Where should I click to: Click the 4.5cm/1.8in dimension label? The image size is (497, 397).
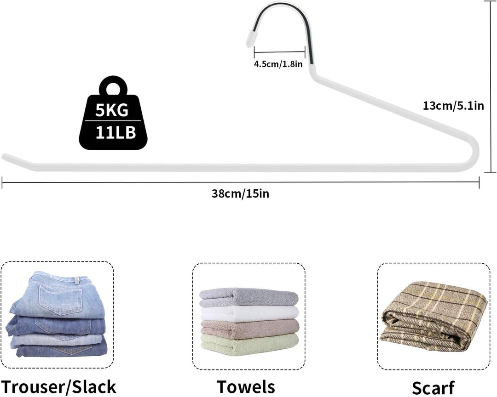click(278, 64)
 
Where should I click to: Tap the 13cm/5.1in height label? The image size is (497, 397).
click(453, 105)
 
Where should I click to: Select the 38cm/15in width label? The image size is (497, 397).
click(240, 193)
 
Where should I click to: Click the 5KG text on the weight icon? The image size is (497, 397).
click(112, 110)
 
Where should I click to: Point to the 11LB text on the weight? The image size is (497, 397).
click(116, 133)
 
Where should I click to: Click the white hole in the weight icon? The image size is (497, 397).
click(113, 88)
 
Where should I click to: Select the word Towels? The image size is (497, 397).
click(246, 387)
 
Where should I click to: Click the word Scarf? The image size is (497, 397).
click(433, 388)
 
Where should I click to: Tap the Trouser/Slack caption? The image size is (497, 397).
click(58, 387)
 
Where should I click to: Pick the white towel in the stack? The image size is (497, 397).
click(249, 313)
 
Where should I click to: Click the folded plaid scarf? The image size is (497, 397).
click(433, 317)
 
